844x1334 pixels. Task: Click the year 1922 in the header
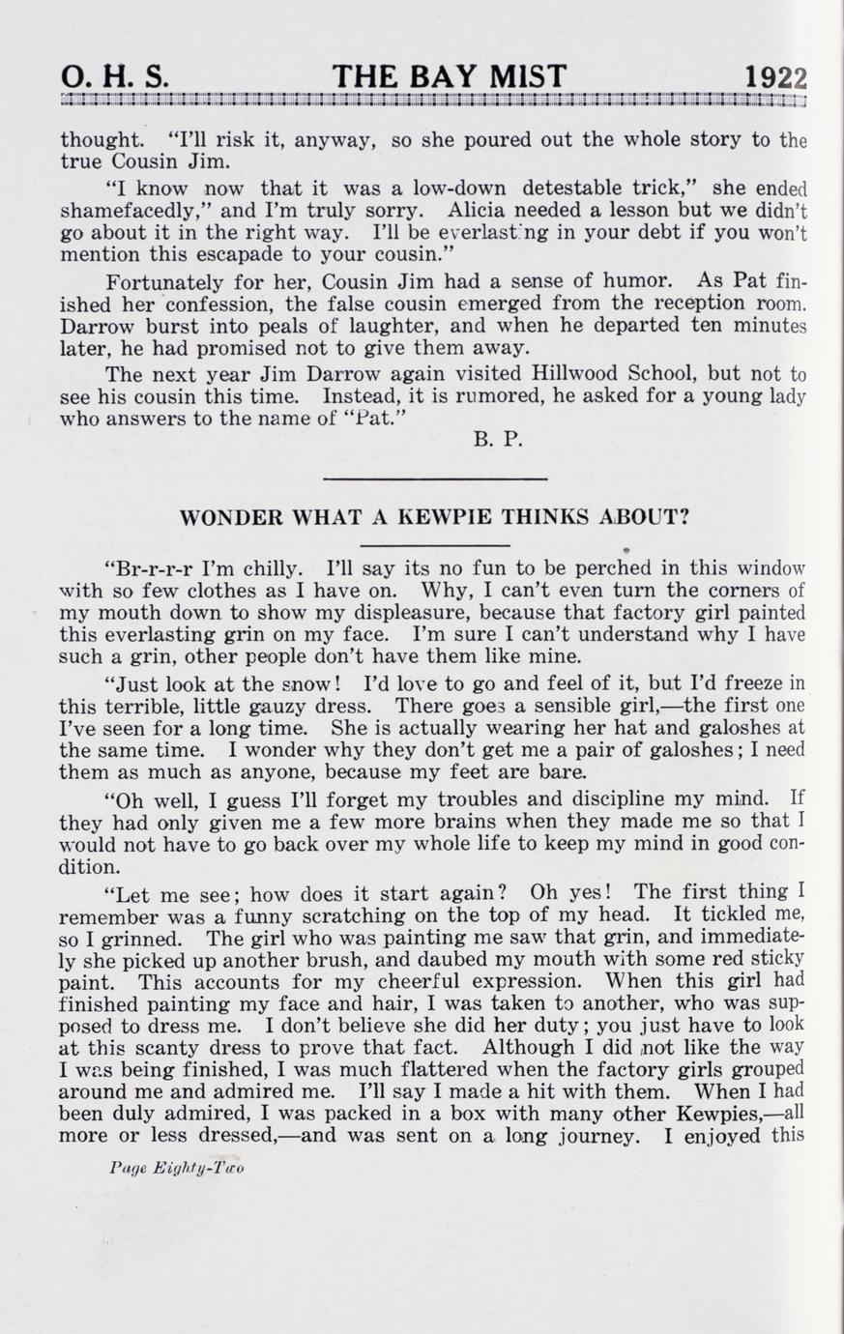pos(775,77)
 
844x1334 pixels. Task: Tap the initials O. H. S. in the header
pos(114,77)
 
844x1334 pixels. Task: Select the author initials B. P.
pos(498,441)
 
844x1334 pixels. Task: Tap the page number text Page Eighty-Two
pos(177,1168)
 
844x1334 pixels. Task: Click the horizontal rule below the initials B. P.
pos(435,478)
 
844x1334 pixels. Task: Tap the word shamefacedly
pos(122,210)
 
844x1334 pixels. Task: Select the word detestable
pos(579,187)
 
